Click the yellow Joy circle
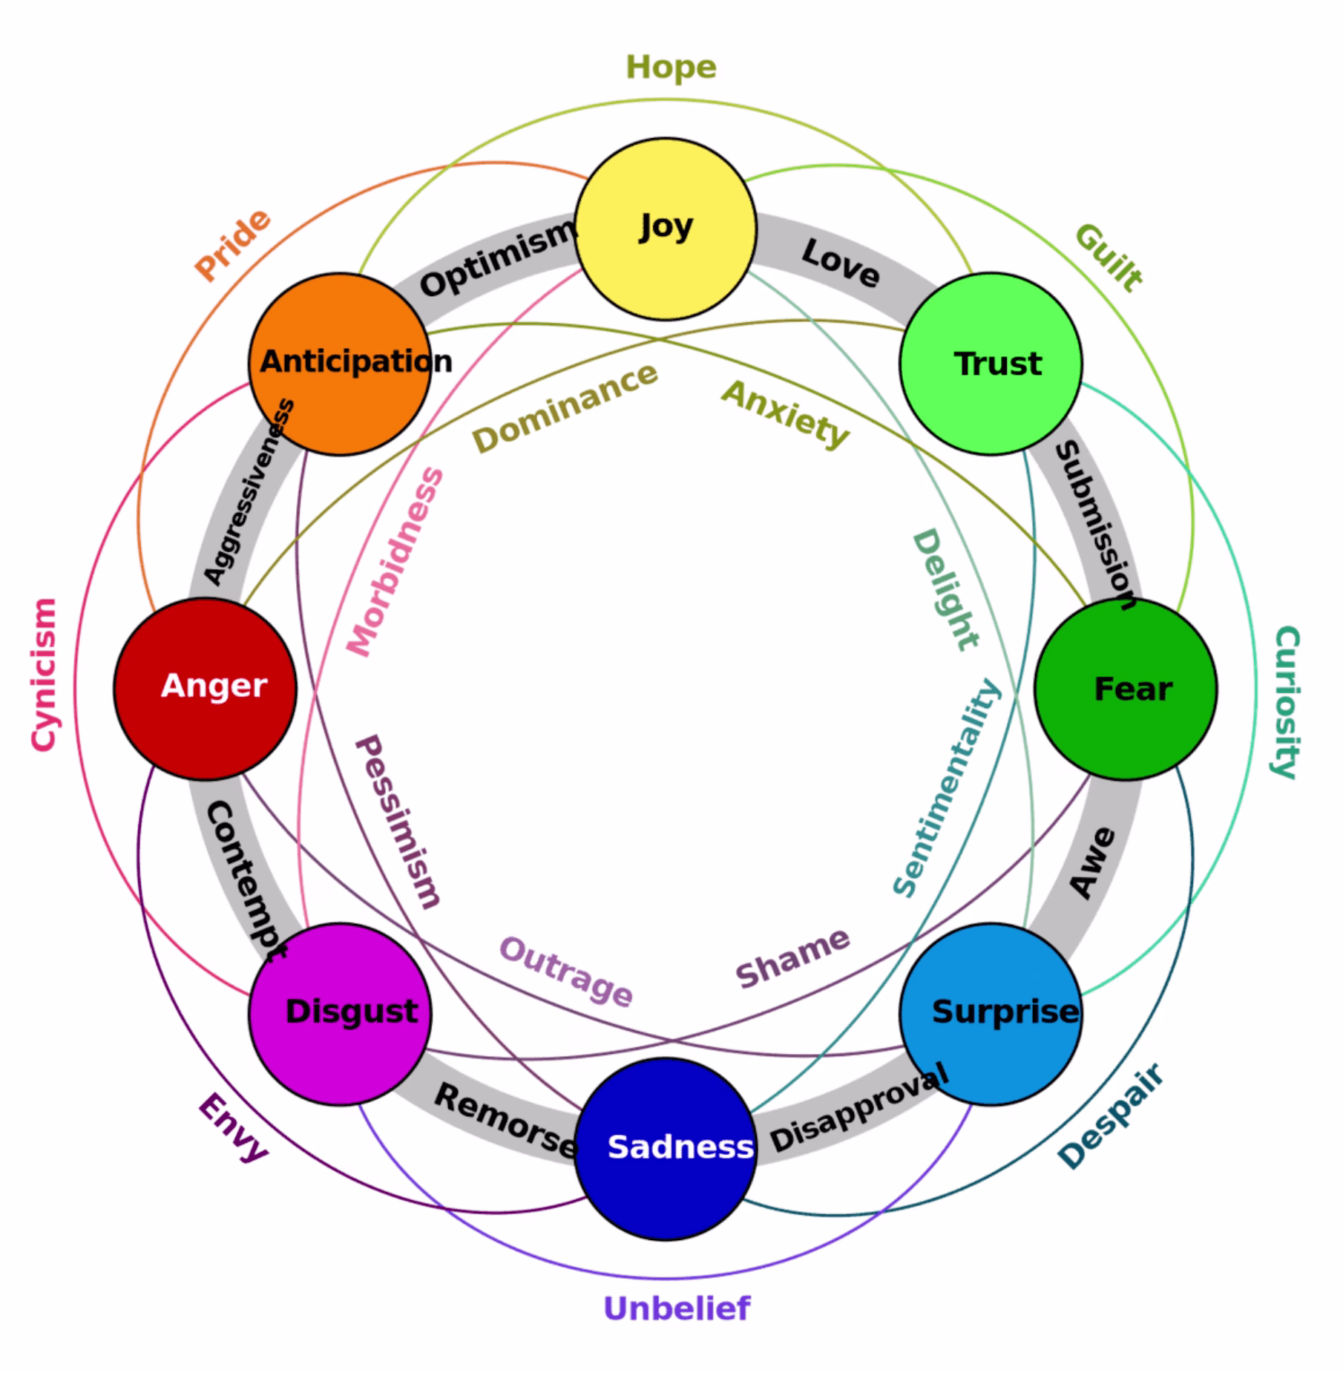click(x=666, y=229)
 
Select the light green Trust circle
click(x=991, y=364)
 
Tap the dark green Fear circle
click(x=1125, y=689)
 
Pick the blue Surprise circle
click(x=991, y=1014)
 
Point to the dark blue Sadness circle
click(x=666, y=1148)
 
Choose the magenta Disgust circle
click(x=340, y=1014)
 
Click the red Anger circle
click(x=206, y=689)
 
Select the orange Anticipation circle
click(x=340, y=364)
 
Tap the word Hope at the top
click(x=671, y=68)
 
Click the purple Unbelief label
click(x=677, y=1308)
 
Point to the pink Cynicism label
click(x=44, y=675)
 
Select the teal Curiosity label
click(x=1287, y=702)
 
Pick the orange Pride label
click(x=232, y=245)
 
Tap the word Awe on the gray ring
click(x=1092, y=863)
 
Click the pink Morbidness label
click(x=396, y=562)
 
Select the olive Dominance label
click(x=565, y=407)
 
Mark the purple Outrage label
click(x=566, y=971)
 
